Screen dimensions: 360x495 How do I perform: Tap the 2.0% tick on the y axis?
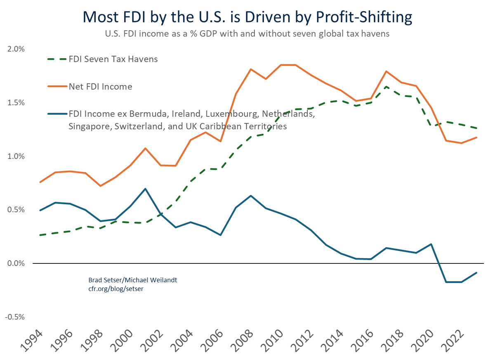point(16,49)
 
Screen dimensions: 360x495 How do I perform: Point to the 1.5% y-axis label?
point(16,102)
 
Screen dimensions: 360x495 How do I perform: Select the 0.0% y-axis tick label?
point(16,263)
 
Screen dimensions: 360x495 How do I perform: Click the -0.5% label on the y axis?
point(15,317)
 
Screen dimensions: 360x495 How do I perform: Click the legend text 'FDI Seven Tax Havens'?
point(113,59)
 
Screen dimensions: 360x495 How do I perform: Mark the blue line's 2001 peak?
point(145,189)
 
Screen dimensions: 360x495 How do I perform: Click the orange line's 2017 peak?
point(386,71)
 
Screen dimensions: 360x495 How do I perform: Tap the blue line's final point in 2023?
point(476,272)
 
